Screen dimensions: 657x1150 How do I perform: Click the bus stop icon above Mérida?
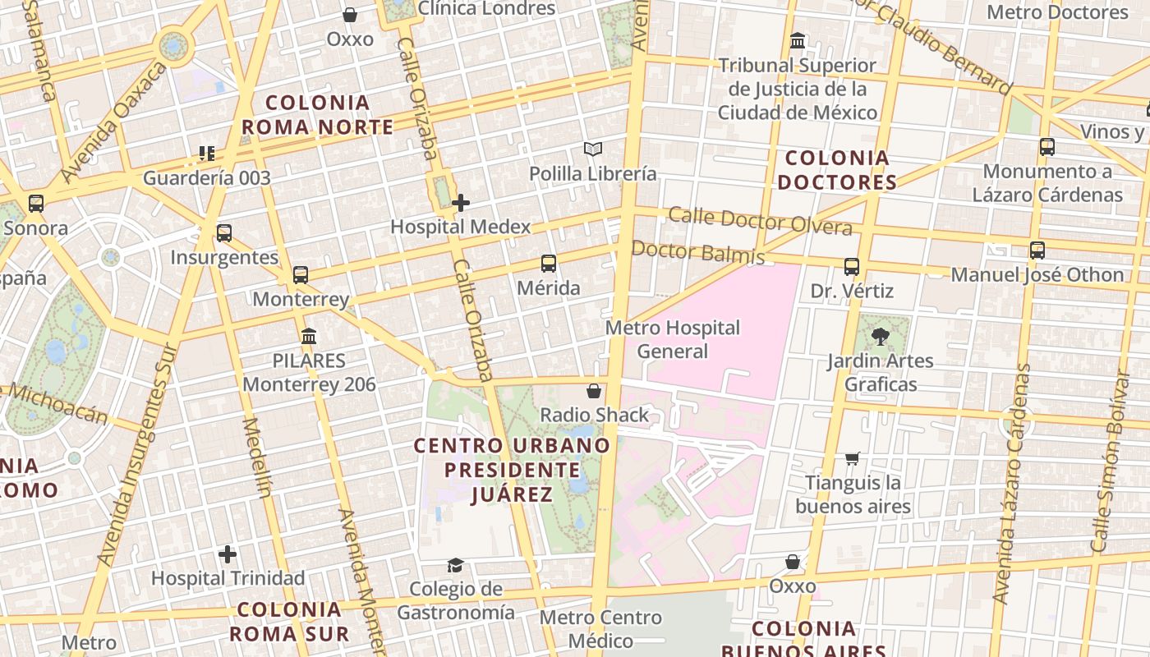[x=549, y=264]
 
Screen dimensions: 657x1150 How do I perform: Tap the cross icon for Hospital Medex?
[x=461, y=202]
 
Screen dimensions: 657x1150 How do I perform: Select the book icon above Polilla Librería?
[x=593, y=149]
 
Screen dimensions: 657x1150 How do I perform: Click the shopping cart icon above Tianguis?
[x=853, y=458]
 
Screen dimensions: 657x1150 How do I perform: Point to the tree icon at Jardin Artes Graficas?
[x=880, y=335]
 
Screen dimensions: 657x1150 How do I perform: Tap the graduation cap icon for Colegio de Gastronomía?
[x=455, y=564]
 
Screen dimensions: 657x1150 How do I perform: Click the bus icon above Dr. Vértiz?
[x=852, y=266]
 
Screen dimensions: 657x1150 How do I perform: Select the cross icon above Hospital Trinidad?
[x=228, y=554]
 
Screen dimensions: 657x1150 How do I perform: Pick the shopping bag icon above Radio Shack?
[x=594, y=391]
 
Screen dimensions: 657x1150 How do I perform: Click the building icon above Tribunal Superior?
[x=797, y=40]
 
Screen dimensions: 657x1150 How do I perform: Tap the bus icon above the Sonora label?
[x=35, y=203]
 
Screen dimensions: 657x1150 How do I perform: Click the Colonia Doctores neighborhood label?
[x=837, y=170]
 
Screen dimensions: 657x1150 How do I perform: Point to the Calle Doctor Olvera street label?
[x=760, y=220]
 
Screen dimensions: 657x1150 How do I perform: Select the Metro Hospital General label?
[x=673, y=339]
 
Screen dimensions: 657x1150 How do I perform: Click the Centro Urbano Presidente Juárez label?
[x=512, y=470]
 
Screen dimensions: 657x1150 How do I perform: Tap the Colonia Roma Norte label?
[x=317, y=115]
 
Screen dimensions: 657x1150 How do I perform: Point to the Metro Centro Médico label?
[x=601, y=629]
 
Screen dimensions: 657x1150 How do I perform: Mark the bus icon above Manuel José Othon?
[x=1037, y=250]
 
